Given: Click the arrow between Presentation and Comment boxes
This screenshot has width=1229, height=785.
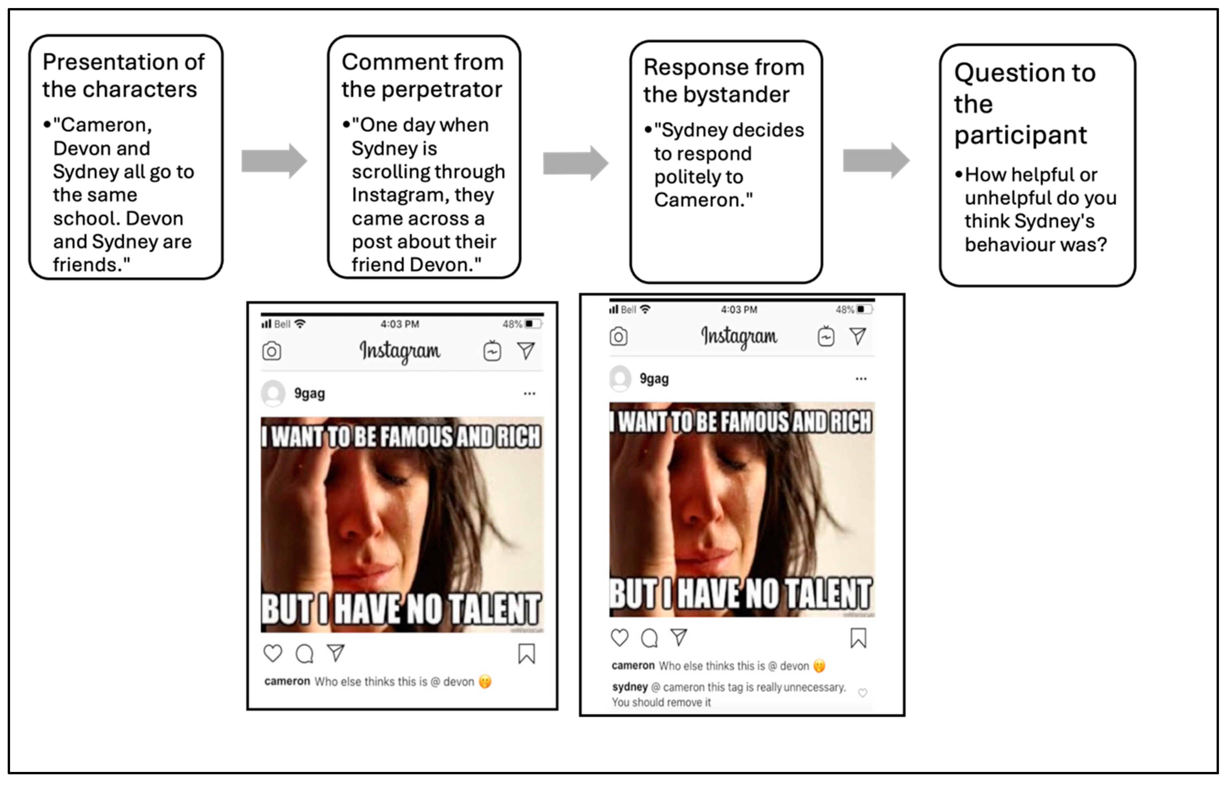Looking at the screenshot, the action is [x=275, y=161].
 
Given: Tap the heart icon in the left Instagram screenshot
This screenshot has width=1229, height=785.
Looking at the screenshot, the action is [x=273, y=653].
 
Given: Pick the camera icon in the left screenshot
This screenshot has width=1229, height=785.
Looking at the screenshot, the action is [x=272, y=351].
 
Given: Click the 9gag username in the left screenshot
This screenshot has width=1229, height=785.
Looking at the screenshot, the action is [x=309, y=394].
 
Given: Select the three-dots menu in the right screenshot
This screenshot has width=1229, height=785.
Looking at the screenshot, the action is [x=861, y=379].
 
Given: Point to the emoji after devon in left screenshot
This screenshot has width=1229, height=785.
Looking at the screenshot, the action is [x=485, y=681].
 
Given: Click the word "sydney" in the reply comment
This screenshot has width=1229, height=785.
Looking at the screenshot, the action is [x=630, y=687].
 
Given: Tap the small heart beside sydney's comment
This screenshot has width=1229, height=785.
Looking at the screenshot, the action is [x=863, y=692].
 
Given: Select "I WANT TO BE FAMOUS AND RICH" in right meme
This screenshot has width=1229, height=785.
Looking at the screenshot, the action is [x=741, y=422].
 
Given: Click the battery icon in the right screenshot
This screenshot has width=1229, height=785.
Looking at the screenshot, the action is [x=864, y=309].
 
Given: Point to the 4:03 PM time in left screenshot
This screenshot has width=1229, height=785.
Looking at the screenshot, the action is [x=400, y=324].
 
